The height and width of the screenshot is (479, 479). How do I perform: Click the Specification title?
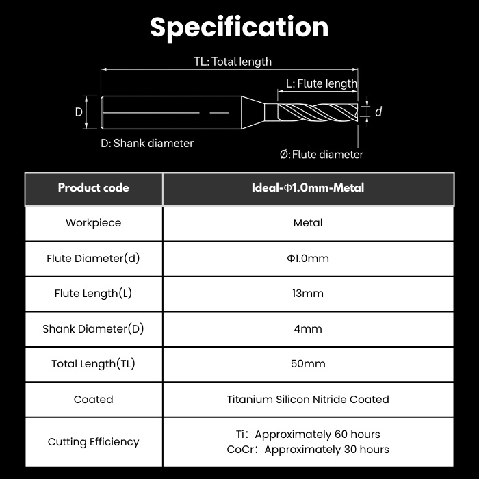[x=239, y=28]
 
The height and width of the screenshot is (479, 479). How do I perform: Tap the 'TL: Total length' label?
[x=233, y=62]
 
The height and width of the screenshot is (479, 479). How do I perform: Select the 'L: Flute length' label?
[x=322, y=83]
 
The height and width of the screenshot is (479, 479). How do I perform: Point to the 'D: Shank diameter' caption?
[x=147, y=143]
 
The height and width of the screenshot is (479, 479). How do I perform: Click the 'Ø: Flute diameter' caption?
[x=322, y=155]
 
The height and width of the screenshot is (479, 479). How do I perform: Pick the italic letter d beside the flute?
[x=378, y=112]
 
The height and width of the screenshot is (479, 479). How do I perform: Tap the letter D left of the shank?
[x=79, y=112]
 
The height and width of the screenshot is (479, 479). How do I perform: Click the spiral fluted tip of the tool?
[x=318, y=112]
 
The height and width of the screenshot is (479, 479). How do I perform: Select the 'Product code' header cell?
[x=94, y=188]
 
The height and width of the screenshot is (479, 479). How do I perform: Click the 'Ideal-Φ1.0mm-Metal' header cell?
[x=308, y=188]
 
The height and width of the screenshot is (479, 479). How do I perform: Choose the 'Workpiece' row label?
[x=94, y=223]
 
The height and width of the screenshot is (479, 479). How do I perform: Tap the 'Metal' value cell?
[x=308, y=223]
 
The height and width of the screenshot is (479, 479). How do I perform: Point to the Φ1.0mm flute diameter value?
[x=308, y=259]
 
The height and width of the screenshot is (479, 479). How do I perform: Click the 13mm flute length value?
[x=308, y=294]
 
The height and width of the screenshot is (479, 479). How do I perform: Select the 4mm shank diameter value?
[x=308, y=329]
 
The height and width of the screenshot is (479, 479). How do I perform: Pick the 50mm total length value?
[x=308, y=364]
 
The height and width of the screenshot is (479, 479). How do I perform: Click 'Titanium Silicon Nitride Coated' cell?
[x=308, y=399]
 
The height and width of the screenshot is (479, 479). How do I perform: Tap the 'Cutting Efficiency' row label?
[x=94, y=442]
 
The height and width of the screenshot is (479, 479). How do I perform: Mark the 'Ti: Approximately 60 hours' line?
[x=308, y=435]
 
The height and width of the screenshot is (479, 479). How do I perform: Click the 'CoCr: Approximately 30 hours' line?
[x=308, y=450]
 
